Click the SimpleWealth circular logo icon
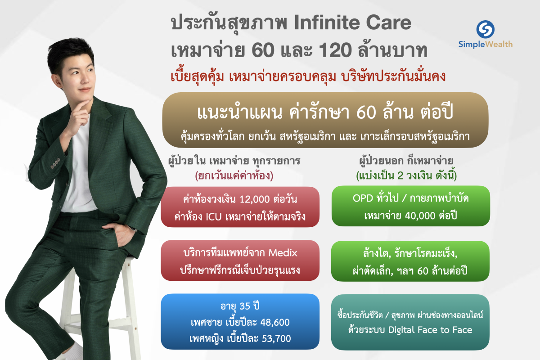(x=486, y=28)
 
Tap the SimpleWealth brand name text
(x=486, y=44)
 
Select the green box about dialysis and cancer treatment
(x=410, y=261)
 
